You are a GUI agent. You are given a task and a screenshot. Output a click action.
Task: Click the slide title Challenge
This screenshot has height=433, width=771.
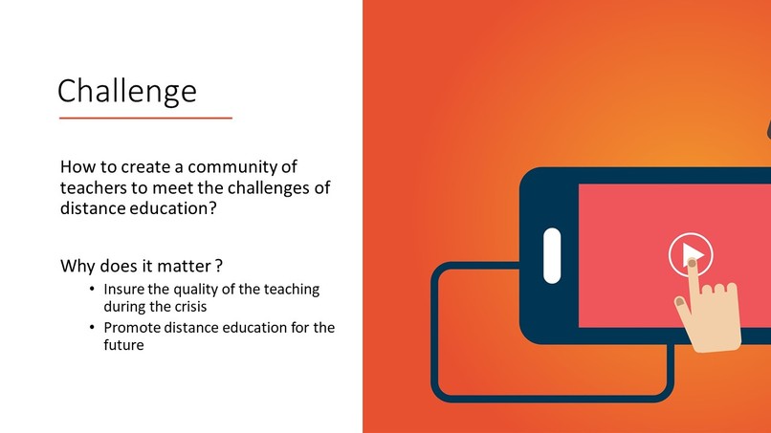pos(127,91)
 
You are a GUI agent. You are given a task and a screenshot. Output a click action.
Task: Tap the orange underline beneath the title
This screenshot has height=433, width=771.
pos(145,118)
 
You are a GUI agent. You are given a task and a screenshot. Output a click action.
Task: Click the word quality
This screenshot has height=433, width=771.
pos(187,289)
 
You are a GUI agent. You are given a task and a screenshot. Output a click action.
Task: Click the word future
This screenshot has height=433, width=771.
pos(123,346)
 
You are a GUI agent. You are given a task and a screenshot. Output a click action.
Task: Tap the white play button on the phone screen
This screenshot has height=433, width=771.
pos(690,254)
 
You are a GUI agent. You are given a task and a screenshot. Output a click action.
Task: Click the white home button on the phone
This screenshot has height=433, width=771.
pos(552,255)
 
